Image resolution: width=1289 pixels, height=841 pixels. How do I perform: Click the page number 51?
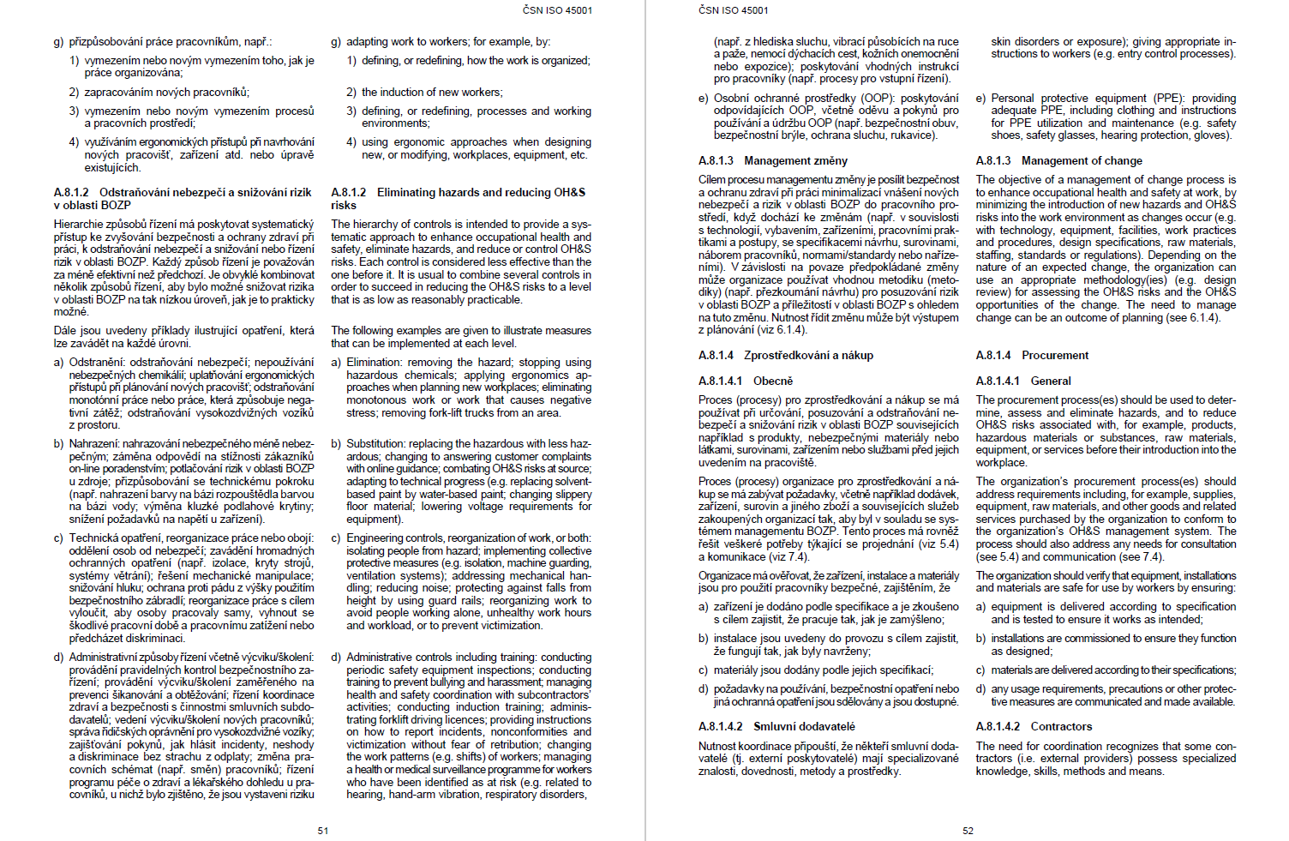(323, 831)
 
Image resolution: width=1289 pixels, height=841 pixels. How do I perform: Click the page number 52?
(968, 831)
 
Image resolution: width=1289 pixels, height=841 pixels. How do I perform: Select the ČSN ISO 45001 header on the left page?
(557, 10)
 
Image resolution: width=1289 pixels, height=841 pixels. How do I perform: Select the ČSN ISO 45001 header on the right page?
(734, 10)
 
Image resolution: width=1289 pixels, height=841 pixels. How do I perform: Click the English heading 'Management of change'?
(1082, 160)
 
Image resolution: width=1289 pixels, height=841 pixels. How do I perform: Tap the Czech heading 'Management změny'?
(795, 160)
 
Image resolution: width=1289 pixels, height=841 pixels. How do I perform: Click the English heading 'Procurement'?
(1055, 355)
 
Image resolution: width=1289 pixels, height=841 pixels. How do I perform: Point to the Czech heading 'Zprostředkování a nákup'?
(808, 355)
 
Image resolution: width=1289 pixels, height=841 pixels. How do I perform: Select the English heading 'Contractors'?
(1061, 726)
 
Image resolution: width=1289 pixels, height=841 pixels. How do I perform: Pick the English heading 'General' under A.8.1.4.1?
(1051, 381)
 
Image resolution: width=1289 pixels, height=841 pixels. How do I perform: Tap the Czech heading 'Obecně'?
(773, 381)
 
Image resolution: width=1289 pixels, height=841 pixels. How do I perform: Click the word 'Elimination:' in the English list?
(375, 363)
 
